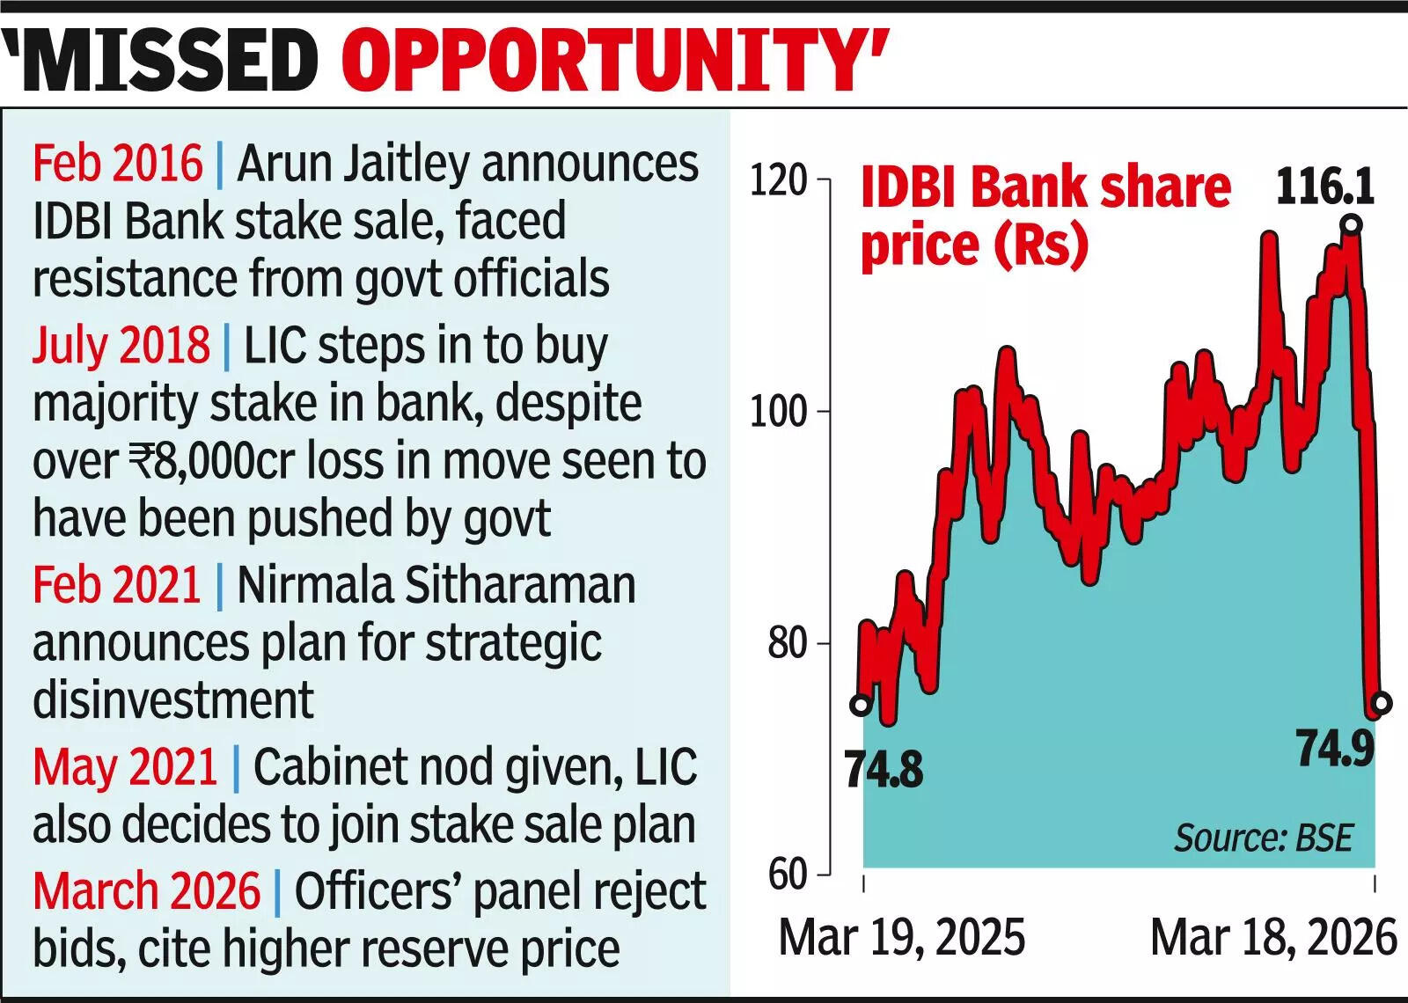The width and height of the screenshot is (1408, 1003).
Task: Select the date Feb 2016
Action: pos(118,164)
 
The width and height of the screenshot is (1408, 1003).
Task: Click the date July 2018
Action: pos(121,345)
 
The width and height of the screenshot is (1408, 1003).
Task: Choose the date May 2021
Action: pos(125,767)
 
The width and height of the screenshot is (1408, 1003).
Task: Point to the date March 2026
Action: pos(146,891)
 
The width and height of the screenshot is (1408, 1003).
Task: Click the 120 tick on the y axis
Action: pos(779,180)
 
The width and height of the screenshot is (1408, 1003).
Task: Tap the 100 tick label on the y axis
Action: pos(779,412)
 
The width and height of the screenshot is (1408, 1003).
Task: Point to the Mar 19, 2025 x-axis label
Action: pos(902,938)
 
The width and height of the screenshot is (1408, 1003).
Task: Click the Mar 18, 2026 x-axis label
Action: pos(1273,938)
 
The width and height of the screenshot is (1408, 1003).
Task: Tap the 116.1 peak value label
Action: pos(1325,187)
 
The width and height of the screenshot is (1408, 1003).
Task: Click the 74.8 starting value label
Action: pos(884,770)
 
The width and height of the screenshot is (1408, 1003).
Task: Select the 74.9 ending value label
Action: pos(1335,750)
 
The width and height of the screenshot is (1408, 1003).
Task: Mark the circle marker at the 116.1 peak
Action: pos(1352,225)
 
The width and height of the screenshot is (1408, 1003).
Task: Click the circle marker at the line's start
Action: pos(862,705)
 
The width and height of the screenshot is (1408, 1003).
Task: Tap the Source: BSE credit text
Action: pos(1263,838)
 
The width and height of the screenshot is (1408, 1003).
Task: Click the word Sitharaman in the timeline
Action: pos(523,585)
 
